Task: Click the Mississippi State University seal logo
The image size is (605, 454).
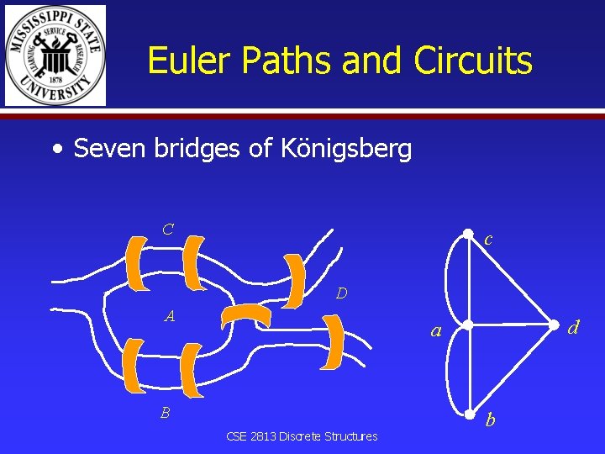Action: tap(55, 55)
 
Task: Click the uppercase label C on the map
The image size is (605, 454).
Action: tap(168, 229)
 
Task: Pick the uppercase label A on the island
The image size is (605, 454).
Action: tap(170, 317)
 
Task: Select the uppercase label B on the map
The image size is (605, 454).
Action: tap(166, 413)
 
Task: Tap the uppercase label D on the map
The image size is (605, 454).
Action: tap(341, 293)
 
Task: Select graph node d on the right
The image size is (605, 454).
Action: tap(553, 325)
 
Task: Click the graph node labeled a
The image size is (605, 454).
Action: tap(469, 325)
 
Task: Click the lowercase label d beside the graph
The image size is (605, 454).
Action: tap(573, 327)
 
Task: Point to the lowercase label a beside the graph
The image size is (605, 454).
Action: tap(435, 331)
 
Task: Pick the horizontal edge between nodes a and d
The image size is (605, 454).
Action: tap(511, 325)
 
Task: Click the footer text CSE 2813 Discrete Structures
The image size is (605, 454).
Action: tap(302, 436)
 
